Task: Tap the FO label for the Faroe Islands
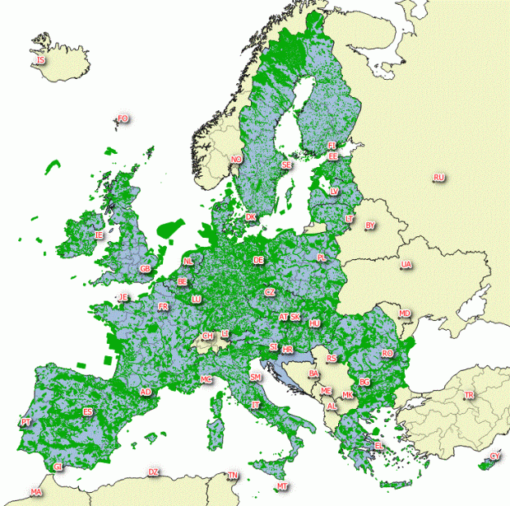(x=123, y=119)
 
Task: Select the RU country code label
(x=438, y=178)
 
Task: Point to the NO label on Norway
(x=237, y=160)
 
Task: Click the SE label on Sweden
(x=286, y=165)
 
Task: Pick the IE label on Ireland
(x=100, y=235)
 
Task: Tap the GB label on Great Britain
(x=146, y=269)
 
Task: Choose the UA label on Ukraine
(x=406, y=265)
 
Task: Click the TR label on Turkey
(x=470, y=396)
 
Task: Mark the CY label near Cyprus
(x=494, y=456)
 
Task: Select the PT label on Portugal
(x=26, y=422)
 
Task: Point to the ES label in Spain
(x=88, y=411)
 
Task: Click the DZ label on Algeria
(x=153, y=472)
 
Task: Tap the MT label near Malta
(x=283, y=486)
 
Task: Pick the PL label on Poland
(x=322, y=258)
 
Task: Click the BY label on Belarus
(x=370, y=225)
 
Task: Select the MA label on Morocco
(x=36, y=492)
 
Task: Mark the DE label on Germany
(x=259, y=260)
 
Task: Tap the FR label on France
(x=163, y=307)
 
